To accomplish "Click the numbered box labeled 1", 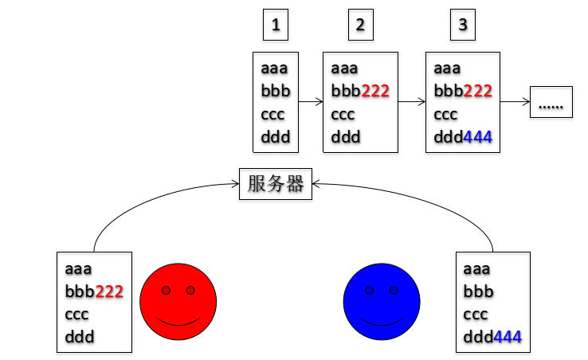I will pos(276,25).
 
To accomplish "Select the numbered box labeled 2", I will pos(360,25).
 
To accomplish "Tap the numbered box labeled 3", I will pos(463,25).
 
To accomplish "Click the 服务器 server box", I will pos(276,184).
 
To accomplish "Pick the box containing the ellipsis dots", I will pos(551,103).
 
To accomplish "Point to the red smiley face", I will pos(178,302).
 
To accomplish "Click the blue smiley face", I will pos(382,302).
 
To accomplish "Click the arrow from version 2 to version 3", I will pos(411,102).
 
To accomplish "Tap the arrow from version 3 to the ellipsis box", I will pos(515,102).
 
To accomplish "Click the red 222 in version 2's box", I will pos(375,91).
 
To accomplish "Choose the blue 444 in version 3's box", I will pos(478,137).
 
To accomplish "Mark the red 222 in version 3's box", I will pos(478,91).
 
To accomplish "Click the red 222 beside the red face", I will pos(109,292).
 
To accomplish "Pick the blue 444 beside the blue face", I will pos(508,338).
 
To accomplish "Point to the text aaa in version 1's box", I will pos(274,68).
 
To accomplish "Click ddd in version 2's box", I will pos(345,137).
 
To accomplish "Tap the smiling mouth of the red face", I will pos(178,322).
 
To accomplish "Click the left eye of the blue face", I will pos(370,291).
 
